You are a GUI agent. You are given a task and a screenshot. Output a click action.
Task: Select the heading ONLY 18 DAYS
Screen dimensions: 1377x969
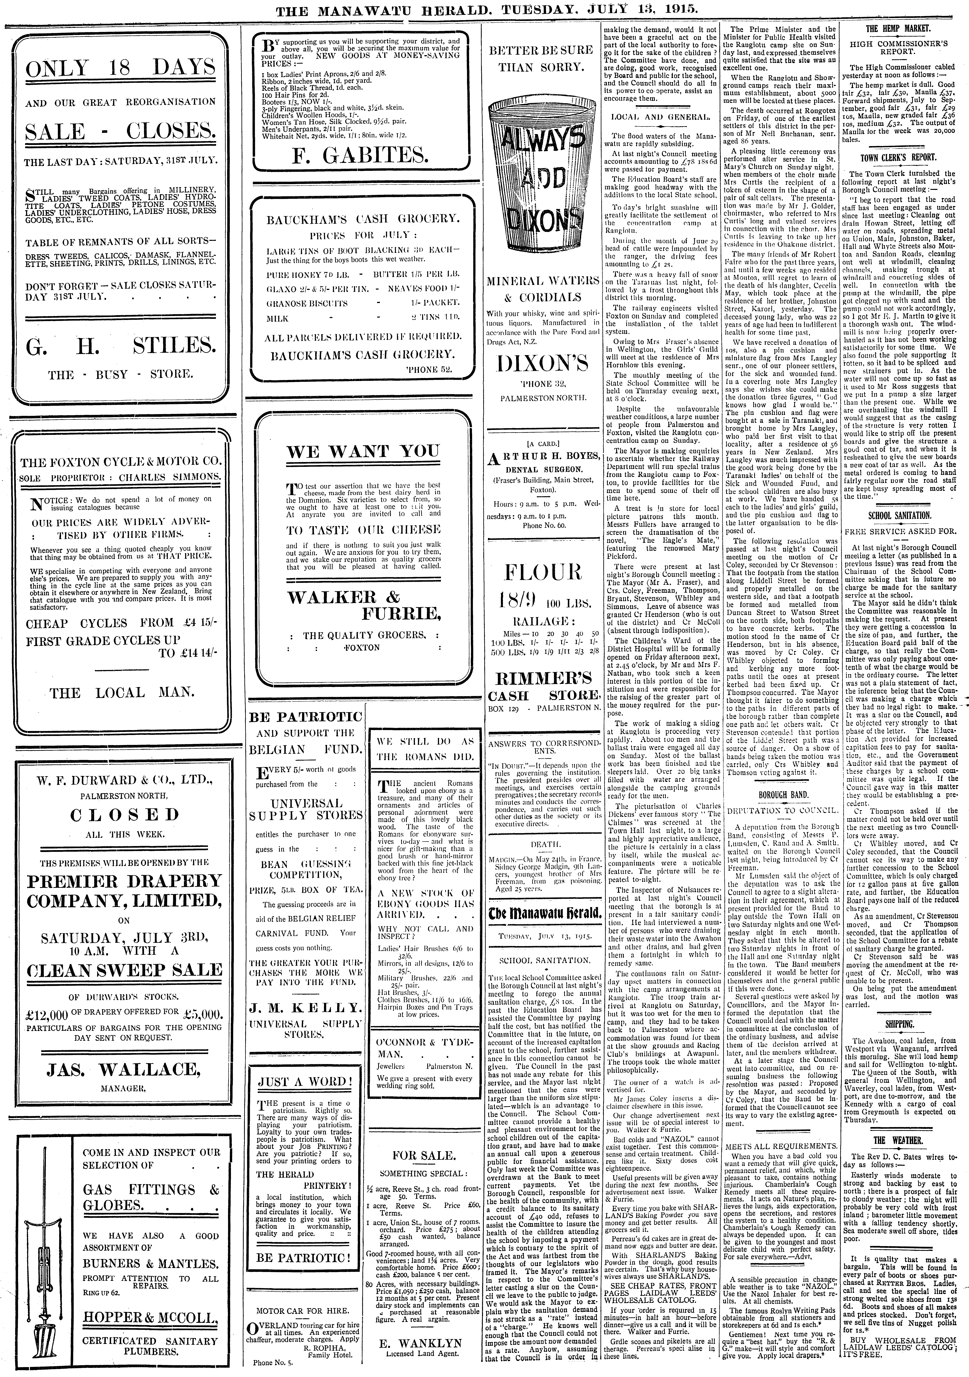point(121,70)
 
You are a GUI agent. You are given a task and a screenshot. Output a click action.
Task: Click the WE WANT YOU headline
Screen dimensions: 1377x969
point(362,451)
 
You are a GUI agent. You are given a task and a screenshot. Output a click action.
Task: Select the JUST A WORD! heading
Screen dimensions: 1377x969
point(303,1082)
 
